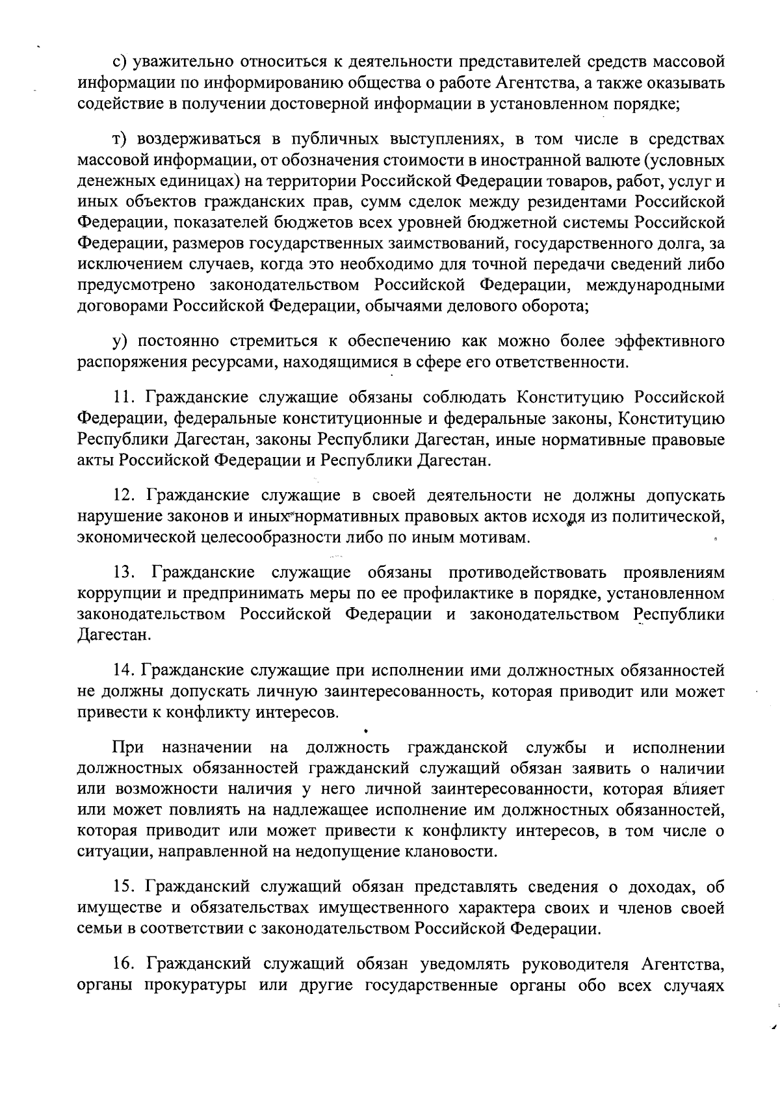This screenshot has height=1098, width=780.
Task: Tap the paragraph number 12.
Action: pyautogui.click(x=123, y=496)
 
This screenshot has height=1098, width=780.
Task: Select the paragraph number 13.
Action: pyautogui.click(x=123, y=573)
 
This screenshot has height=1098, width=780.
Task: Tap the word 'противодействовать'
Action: pyautogui.click(x=506, y=573)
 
